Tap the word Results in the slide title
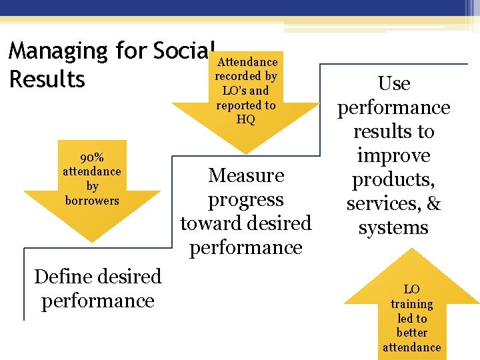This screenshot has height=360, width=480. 47,80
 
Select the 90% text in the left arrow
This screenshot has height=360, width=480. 92,157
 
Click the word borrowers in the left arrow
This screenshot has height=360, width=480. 92,201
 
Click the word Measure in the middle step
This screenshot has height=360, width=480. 246,176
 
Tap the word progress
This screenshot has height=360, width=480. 246,200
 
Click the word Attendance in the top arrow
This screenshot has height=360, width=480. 247,62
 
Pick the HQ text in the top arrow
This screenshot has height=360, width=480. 246,119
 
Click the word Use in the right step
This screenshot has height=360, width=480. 393,84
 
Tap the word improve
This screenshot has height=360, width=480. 393,156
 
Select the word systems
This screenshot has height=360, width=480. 393,228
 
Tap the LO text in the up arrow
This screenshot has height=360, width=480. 412,289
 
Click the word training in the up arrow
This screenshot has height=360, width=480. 412,304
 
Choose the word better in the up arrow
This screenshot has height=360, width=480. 412,333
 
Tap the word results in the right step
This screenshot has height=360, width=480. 393,132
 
